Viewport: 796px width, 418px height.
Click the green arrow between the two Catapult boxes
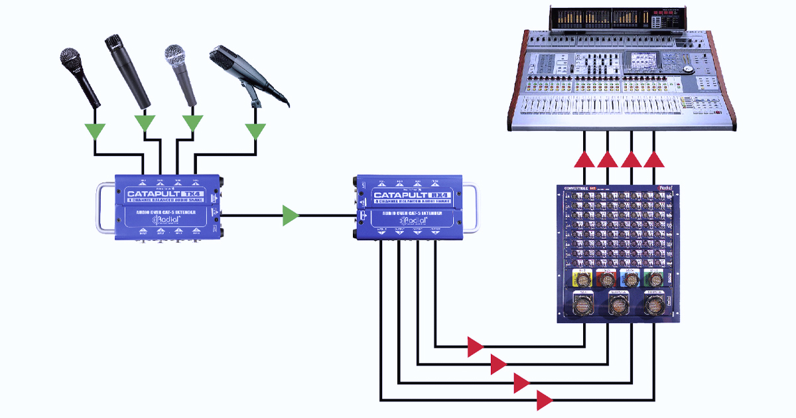[291, 215]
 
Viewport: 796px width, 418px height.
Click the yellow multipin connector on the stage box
[584, 278]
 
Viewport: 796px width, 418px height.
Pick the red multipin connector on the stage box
[607, 278]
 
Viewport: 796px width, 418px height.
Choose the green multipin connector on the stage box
[653, 278]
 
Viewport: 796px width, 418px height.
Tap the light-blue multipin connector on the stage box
[630, 278]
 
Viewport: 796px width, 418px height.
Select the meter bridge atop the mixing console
[616, 19]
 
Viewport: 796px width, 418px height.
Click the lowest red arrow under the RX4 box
[545, 400]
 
